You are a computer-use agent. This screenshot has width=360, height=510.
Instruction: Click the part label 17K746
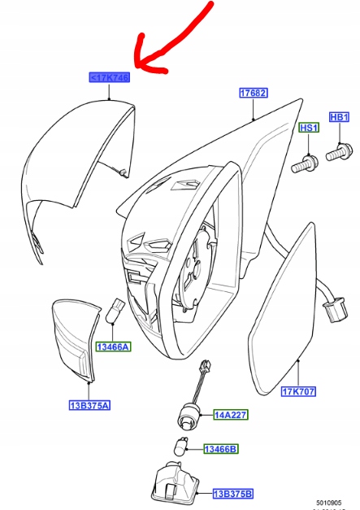(x=110, y=78)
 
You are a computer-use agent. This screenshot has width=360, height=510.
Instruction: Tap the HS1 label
(x=310, y=129)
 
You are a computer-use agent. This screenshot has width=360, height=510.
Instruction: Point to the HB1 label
(x=340, y=118)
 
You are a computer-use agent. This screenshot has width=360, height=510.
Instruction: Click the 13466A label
(x=113, y=347)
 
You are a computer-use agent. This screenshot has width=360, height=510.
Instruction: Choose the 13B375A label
(x=89, y=404)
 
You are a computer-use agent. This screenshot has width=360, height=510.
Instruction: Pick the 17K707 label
(x=298, y=392)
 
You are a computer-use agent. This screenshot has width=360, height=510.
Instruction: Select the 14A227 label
(x=231, y=415)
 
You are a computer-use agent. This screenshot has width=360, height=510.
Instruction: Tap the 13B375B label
(x=232, y=493)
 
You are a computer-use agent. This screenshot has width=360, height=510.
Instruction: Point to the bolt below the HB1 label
(x=337, y=152)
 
